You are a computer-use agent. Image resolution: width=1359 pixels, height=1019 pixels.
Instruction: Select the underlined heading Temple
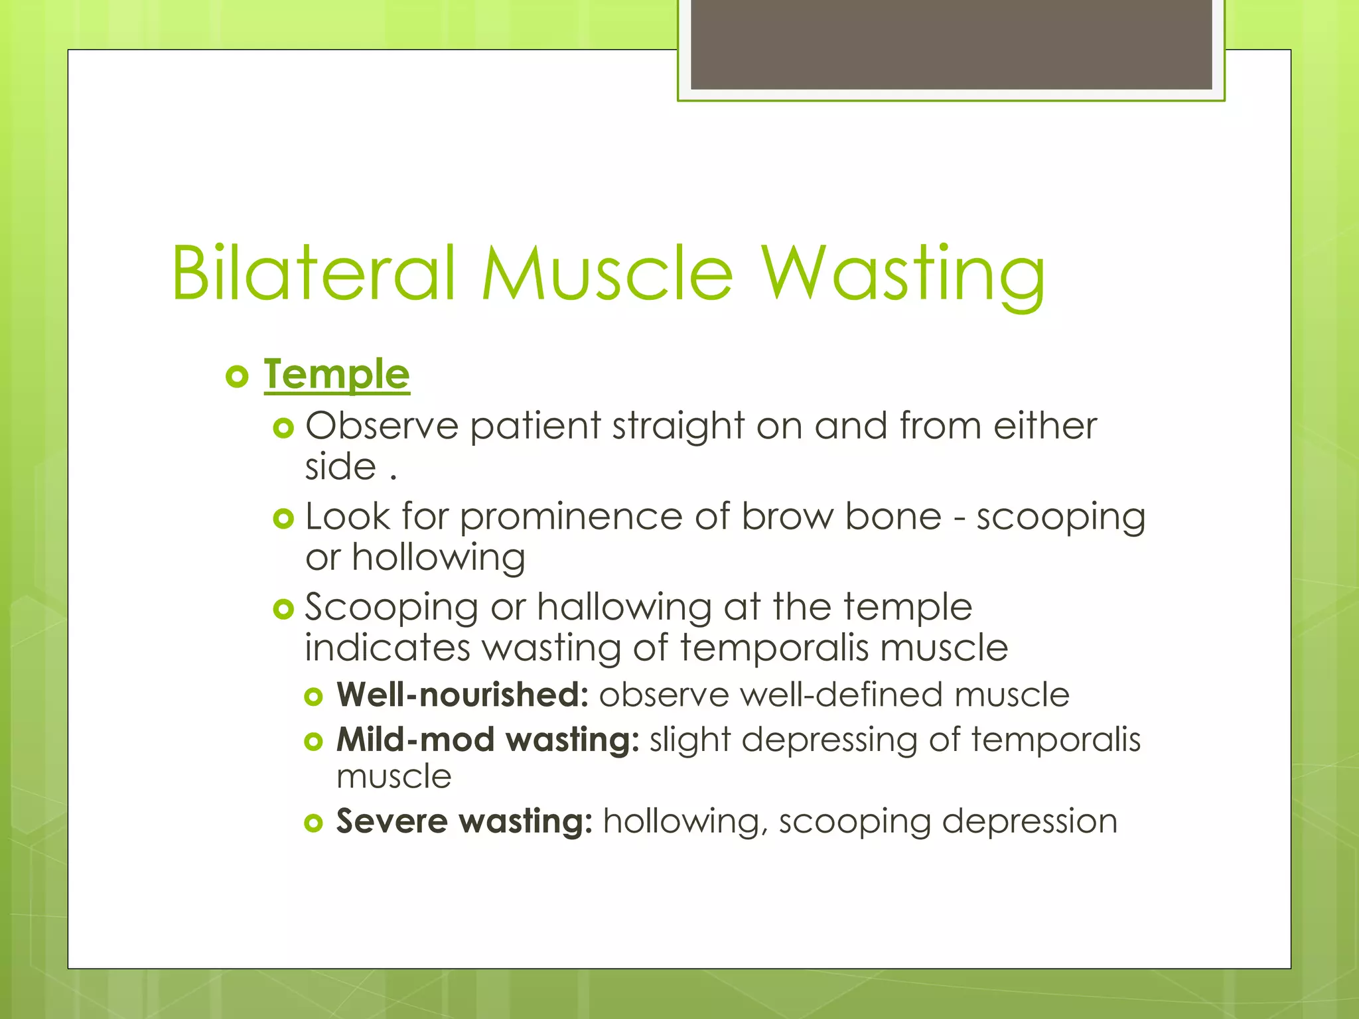click(336, 375)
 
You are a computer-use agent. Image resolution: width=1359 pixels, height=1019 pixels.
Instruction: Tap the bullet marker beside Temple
click(237, 377)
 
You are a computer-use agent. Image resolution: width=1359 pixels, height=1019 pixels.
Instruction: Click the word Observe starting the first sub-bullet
click(382, 425)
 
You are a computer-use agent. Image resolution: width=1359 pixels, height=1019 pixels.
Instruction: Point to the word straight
click(678, 425)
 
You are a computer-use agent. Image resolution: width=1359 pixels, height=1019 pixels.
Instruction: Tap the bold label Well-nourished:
click(463, 695)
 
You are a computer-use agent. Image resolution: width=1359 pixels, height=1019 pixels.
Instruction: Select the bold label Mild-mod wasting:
click(488, 739)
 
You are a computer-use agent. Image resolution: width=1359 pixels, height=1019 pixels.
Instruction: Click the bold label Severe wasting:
click(464, 821)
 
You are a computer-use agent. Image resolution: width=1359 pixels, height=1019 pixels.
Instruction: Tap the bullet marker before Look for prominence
click(283, 518)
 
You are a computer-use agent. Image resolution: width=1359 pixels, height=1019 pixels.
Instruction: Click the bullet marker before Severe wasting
click(313, 823)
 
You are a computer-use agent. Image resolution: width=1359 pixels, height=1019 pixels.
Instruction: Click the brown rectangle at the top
click(951, 44)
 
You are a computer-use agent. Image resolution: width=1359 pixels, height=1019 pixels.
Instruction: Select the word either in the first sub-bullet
click(1044, 425)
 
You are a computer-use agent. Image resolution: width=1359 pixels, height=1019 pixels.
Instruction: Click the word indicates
click(387, 647)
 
